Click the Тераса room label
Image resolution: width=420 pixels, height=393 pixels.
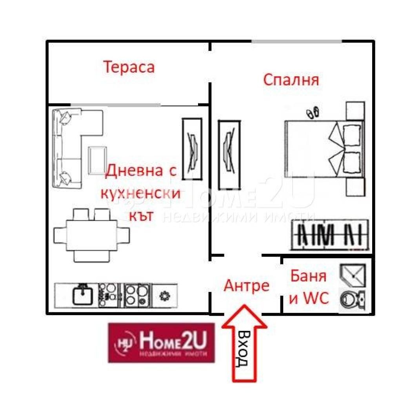coord(129,67)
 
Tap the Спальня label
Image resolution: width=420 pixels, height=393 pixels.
coord(291,80)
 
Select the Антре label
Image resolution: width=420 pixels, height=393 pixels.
coord(246,286)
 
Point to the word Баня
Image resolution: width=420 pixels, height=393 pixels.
coord(308,276)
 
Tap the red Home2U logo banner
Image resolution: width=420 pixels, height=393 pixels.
coord(162,342)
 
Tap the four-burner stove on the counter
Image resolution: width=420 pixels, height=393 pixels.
coord(137,294)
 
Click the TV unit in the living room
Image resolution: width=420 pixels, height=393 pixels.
coord(192,149)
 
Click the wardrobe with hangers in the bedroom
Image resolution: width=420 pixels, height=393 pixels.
coord(329,235)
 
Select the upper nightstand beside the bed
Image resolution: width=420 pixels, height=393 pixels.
coord(355,110)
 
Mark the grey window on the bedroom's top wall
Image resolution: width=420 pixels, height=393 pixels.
coord(296,41)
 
